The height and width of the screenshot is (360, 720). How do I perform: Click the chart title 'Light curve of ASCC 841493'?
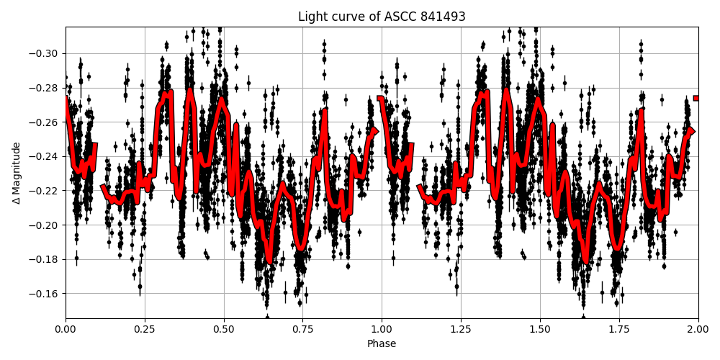coord(382,17)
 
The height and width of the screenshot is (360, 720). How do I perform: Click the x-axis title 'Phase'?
coord(382,343)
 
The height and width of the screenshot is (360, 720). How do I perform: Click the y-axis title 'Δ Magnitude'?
coord(17,173)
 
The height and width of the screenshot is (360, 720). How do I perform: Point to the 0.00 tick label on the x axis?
coord(66,329)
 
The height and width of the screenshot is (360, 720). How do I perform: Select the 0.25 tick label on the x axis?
coord(145,329)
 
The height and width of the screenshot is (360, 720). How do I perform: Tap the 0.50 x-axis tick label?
coord(224,329)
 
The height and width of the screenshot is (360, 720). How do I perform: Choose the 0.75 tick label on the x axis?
coord(302,329)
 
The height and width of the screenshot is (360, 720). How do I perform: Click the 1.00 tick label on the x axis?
coord(382,329)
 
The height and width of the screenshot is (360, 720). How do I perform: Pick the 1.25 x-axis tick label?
coord(461,329)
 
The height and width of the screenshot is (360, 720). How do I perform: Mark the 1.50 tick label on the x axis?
coord(540,329)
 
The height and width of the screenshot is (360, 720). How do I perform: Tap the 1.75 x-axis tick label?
coord(619,329)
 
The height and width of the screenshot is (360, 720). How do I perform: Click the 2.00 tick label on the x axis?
coord(698,329)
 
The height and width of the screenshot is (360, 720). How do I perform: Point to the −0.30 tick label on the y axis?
coord(45,53)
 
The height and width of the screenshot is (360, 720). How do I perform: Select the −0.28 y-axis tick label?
coord(45,88)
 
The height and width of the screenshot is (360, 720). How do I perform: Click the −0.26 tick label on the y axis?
coord(45,122)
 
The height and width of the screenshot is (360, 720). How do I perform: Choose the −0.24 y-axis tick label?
coord(45,156)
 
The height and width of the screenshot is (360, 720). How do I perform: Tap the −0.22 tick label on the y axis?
coord(45,191)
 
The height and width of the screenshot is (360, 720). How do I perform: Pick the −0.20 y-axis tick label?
coord(45,225)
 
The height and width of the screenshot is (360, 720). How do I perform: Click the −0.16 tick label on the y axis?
coord(45,294)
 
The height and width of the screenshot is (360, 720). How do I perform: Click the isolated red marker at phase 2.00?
coord(696,98)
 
